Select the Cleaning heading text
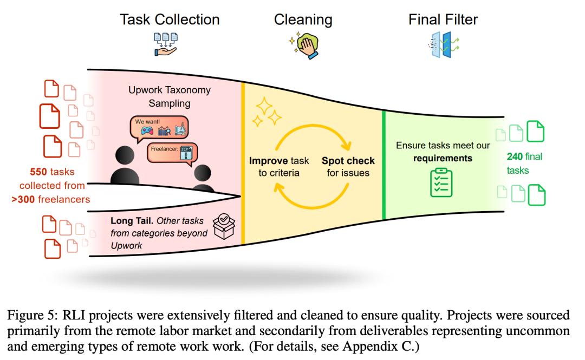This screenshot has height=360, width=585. (x=303, y=20)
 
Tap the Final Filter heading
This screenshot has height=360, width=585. (x=443, y=20)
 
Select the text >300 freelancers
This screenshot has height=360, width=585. (x=50, y=199)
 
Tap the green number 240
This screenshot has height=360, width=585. (x=514, y=157)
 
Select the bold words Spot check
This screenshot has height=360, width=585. (x=348, y=161)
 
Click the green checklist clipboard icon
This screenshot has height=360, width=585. (x=441, y=182)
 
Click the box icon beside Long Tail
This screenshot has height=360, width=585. (x=225, y=226)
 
